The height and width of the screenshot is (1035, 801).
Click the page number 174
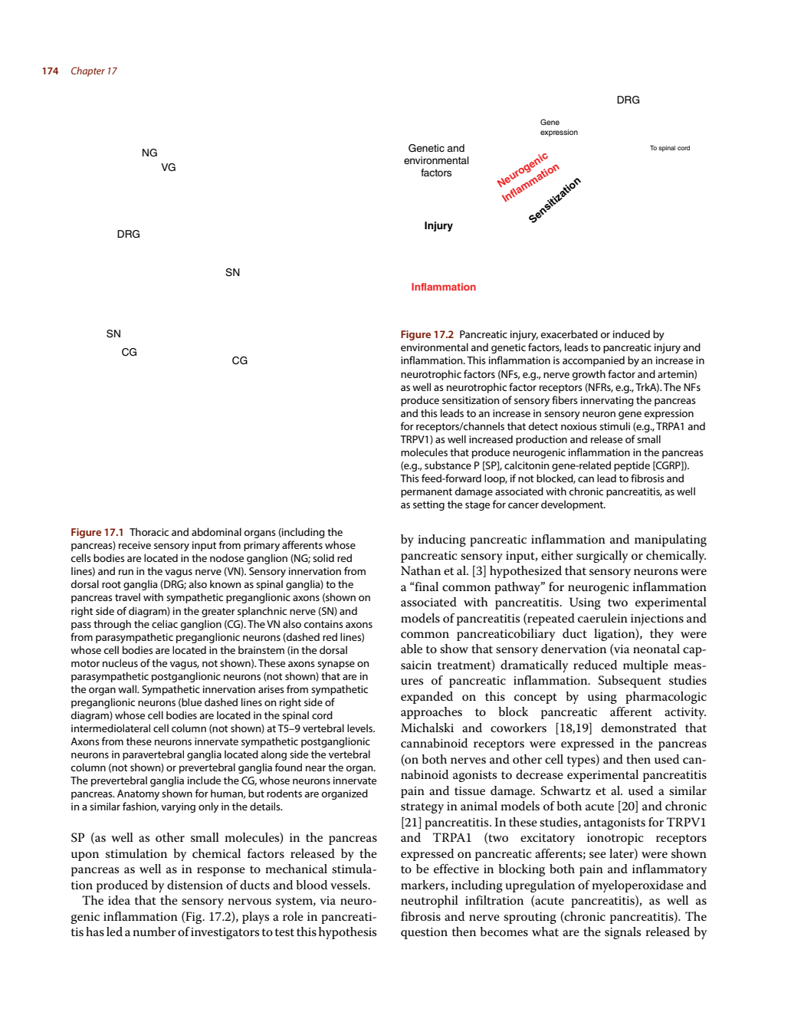click(50, 71)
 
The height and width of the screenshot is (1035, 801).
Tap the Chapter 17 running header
click(94, 71)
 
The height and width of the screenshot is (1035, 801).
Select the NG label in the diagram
click(149, 153)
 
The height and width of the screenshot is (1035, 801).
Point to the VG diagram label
click(169, 168)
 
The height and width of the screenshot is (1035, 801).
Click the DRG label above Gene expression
click(628, 100)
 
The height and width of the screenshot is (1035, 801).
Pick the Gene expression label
click(559, 127)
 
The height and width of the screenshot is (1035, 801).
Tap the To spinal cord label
click(670, 148)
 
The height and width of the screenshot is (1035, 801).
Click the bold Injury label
click(438, 225)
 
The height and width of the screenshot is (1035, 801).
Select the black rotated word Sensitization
click(555, 200)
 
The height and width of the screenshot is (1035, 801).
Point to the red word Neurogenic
click(523, 169)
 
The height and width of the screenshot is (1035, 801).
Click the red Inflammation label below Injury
click(443, 287)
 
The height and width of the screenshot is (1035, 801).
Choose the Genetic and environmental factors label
click(436, 160)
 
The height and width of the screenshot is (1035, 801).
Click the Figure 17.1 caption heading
click(97, 533)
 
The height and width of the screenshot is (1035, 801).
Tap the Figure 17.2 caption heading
click(427, 335)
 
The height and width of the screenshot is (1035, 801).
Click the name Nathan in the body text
click(417, 571)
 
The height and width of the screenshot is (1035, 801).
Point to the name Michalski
click(426, 728)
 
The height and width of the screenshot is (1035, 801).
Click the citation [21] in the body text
click(411, 823)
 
